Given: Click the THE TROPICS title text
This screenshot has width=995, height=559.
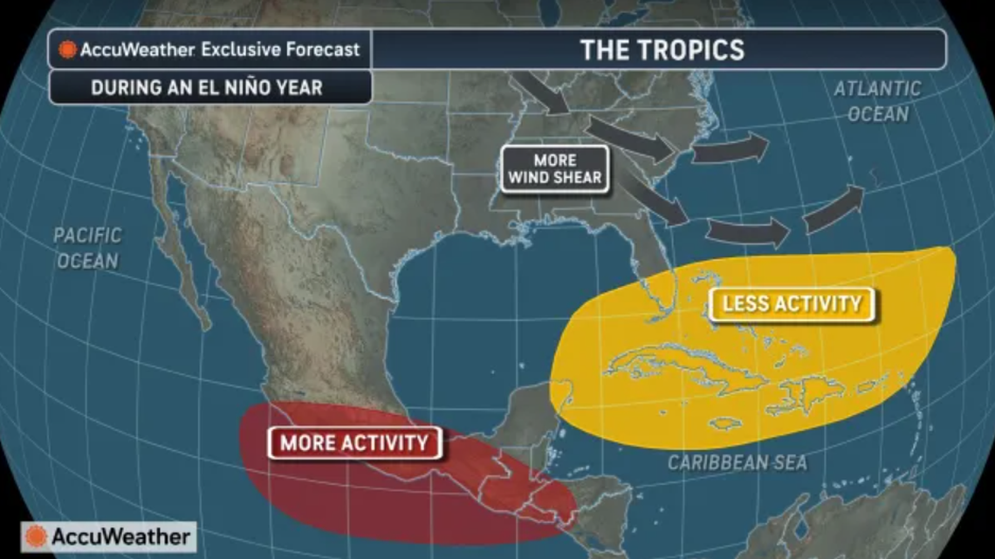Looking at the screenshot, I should (662, 49).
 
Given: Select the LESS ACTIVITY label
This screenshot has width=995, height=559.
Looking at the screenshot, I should (791, 304).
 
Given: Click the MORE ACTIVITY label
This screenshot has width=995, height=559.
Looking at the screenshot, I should (354, 443).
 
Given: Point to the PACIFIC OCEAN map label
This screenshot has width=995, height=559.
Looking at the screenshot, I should (87, 248).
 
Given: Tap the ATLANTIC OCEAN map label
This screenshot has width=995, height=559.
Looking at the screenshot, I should (876, 101).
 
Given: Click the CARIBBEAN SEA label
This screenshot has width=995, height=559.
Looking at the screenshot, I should (738, 462).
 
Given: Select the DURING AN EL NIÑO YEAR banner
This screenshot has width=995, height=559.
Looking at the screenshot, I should (206, 87).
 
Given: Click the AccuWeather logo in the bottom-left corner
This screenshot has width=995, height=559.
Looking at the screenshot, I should (108, 536).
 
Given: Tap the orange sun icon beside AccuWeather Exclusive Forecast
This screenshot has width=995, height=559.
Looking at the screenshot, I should (67, 50).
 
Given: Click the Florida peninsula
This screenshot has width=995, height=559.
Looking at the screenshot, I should (650, 279).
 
